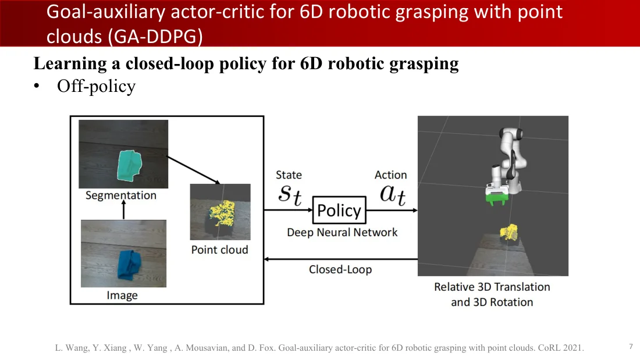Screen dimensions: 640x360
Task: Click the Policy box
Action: (x=339, y=210)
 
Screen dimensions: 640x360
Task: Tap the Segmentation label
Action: (x=121, y=195)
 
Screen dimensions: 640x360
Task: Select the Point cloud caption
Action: (x=219, y=249)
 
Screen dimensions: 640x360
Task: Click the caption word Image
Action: (x=122, y=295)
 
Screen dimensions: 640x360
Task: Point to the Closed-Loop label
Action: (x=340, y=269)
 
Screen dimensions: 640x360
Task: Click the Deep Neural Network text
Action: (x=342, y=232)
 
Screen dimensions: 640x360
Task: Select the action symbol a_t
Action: (x=393, y=194)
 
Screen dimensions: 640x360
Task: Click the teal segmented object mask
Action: (x=129, y=165)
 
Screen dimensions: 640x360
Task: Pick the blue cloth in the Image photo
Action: (x=129, y=265)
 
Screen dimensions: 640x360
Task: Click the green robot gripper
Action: (x=496, y=198)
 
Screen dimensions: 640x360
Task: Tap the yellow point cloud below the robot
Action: (x=509, y=232)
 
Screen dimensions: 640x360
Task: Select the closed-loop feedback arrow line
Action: (x=341, y=259)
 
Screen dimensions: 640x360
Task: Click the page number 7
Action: (x=631, y=347)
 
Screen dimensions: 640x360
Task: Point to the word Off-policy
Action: (x=97, y=86)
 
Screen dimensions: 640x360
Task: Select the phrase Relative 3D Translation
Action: (x=492, y=287)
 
